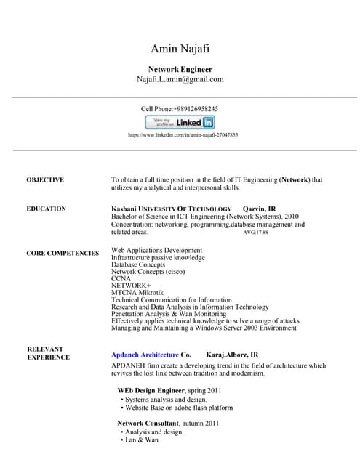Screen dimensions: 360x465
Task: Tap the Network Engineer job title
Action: (180, 69)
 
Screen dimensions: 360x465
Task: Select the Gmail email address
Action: (180, 79)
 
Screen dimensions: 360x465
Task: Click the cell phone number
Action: (180, 108)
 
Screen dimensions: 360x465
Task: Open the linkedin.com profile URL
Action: (183, 135)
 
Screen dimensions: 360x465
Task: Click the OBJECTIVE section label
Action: (45, 179)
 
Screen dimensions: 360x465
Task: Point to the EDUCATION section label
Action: (46, 209)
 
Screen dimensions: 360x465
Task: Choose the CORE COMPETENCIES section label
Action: (63, 254)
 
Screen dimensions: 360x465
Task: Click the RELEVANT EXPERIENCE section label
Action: (48, 353)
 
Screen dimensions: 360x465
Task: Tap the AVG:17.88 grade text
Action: (255, 233)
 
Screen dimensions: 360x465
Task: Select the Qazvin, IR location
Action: (258, 209)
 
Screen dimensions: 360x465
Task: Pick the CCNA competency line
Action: (121, 279)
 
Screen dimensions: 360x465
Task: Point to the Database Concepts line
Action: (138, 265)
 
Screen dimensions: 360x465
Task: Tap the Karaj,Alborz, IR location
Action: (232, 355)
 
